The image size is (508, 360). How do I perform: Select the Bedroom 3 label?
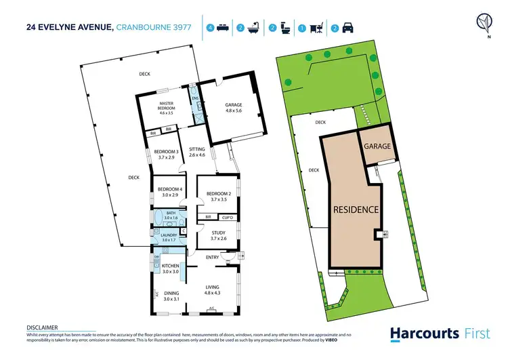(166, 155)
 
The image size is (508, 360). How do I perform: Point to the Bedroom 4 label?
(167, 192)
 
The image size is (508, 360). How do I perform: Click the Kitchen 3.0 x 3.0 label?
(171, 269)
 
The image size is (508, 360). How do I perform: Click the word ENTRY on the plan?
(212, 257)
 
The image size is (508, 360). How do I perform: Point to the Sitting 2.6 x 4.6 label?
(197, 153)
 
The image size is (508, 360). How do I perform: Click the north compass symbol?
(483, 23)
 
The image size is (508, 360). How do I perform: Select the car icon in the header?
(347, 28)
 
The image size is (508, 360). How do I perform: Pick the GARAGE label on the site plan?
(377, 146)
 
